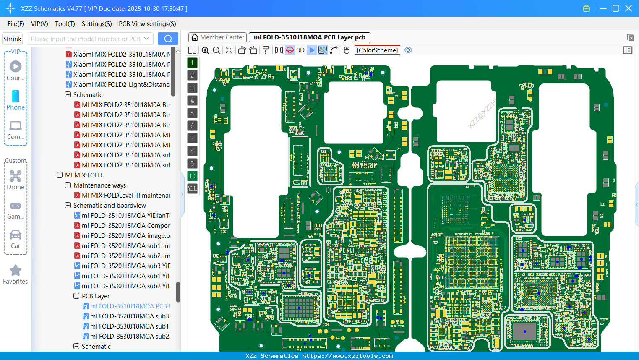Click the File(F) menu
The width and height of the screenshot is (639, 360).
pyautogui.click(x=16, y=24)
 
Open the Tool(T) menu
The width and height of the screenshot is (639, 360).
pyautogui.click(x=65, y=24)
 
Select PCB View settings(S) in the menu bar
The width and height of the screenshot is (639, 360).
pyautogui.click(x=147, y=24)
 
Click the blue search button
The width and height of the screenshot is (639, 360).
pyautogui.click(x=168, y=39)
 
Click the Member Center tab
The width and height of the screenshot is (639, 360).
pyautogui.click(x=217, y=37)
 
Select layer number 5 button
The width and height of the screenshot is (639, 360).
pyautogui.click(x=192, y=113)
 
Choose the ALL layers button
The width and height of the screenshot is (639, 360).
pyautogui.click(x=192, y=188)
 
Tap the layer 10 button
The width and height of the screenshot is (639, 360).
pyautogui.click(x=192, y=176)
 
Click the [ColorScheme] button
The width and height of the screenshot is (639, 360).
pyautogui.click(x=377, y=50)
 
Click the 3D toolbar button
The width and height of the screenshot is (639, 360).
pyautogui.click(x=300, y=50)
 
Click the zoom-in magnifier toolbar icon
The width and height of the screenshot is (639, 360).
pyautogui.click(x=205, y=50)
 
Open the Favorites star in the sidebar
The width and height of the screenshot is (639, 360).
pyautogui.click(x=16, y=274)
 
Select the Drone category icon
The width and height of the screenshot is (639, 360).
pyautogui.click(x=16, y=180)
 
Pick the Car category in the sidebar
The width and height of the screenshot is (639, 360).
pyautogui.click(x=16, y=239)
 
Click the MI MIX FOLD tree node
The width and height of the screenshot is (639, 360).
pyautogui.click(x=83, y=175)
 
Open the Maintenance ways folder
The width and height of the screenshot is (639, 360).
pyautogui.click(x=99, y=185)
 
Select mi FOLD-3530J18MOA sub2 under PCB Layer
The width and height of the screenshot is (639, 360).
pyautogui.click(x=129, y=336)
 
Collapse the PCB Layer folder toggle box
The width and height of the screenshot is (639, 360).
pyautogui.click(x=76, y=296)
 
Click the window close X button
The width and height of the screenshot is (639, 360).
pyautogui.click(x=629, y=8)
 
